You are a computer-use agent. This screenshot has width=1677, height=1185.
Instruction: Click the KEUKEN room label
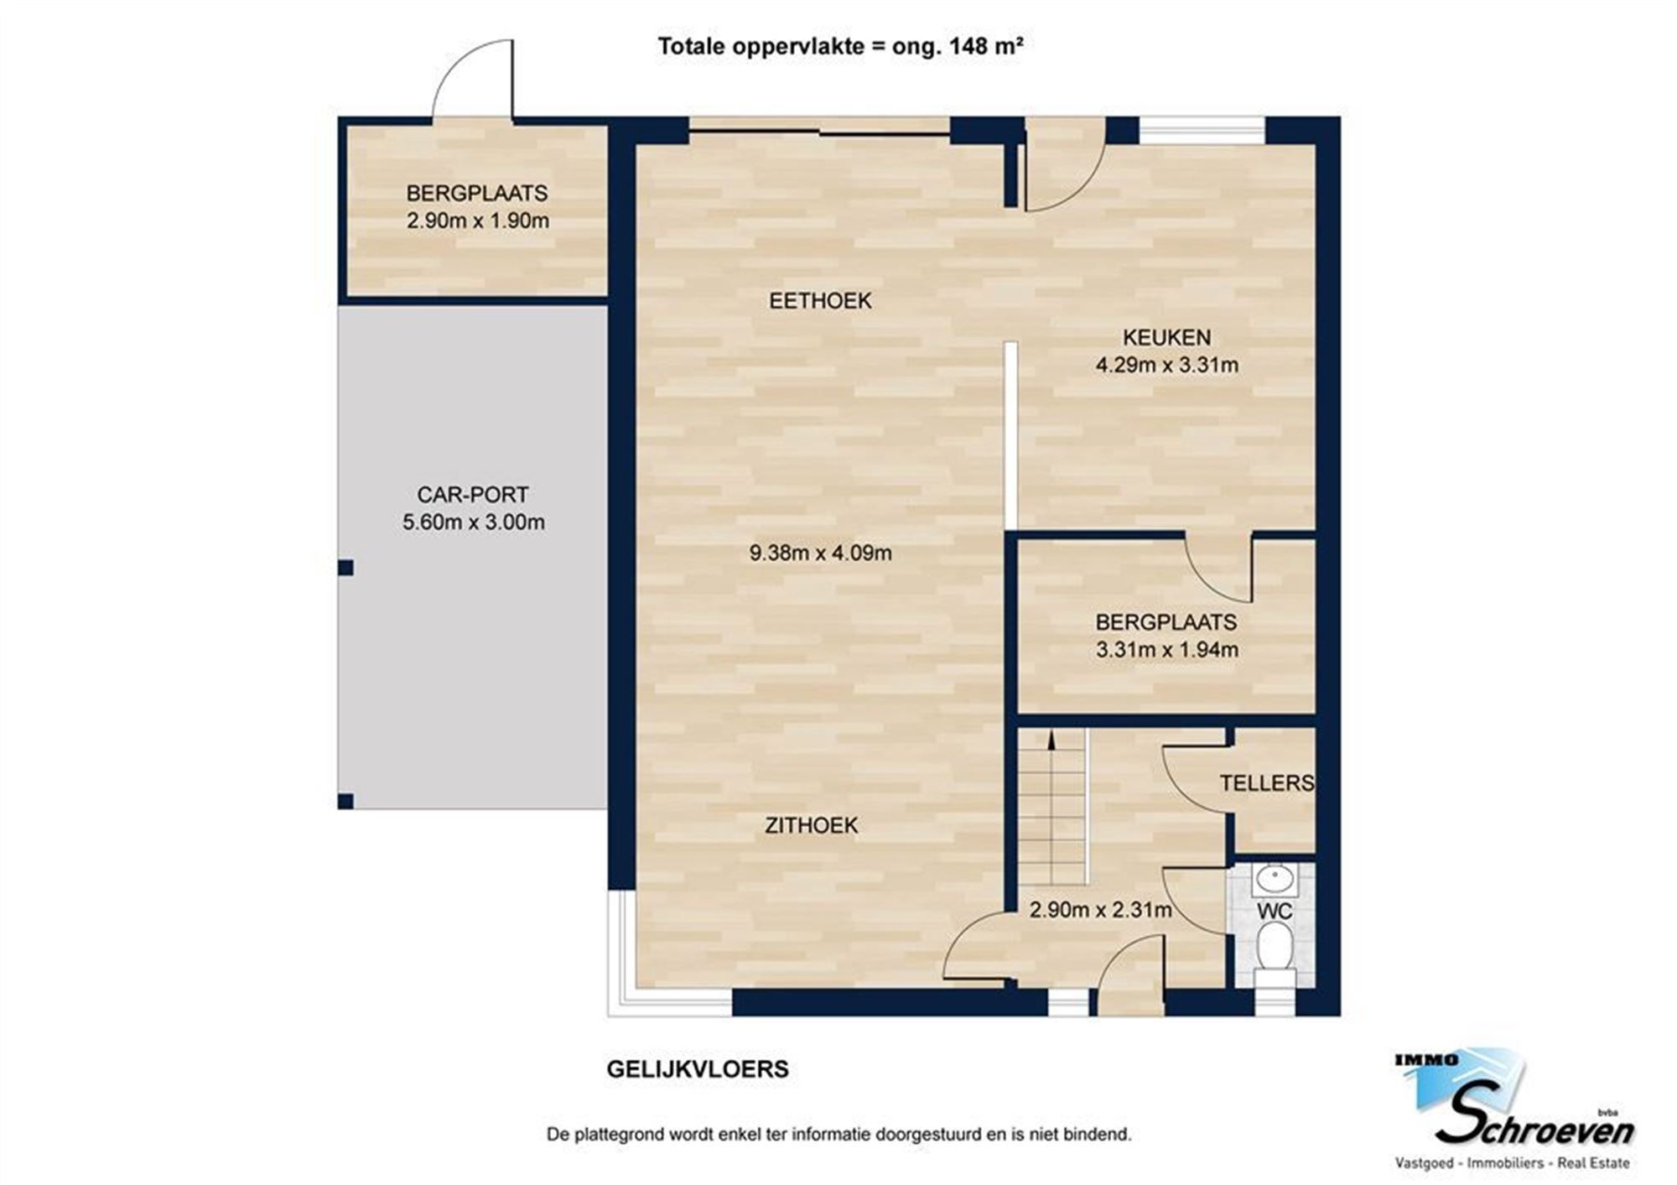coord(1166,337)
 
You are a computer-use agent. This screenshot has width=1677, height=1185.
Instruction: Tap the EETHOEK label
coord(819,300)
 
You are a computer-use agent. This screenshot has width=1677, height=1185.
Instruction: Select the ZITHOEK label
coord(811,825)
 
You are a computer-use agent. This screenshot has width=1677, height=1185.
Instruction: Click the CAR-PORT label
coord(472,494)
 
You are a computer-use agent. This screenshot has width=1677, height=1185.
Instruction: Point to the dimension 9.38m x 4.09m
coord(819,553)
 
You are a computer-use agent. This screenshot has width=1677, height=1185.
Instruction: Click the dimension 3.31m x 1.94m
coord(1166,649)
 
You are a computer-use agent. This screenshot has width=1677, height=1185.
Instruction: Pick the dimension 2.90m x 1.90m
coord(477,221)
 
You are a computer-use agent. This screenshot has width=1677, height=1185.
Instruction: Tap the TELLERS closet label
coord(1265,782)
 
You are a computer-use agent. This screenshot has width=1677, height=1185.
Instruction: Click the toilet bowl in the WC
coord(1274,948)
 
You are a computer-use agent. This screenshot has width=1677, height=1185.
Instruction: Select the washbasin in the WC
coord(1275,880)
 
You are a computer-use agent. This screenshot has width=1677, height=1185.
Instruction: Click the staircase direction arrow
coord(1050,738)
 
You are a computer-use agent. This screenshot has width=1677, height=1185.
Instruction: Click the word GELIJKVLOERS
coord(697,1069)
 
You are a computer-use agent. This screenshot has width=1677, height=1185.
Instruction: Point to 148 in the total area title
coord(969,46)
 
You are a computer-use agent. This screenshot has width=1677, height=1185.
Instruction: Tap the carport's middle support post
coord(345,568)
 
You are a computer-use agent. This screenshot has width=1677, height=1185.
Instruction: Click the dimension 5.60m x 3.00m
coord(473,522)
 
